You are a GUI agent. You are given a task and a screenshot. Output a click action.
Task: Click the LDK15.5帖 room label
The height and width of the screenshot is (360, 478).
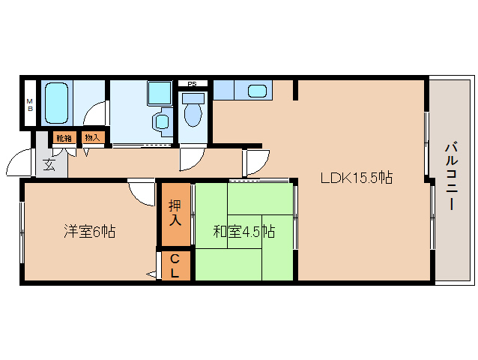pos(356,178)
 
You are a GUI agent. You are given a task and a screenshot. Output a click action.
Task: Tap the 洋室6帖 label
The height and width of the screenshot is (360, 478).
pos(90,231)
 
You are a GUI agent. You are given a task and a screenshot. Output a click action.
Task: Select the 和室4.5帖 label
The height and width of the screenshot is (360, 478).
pos(244,231)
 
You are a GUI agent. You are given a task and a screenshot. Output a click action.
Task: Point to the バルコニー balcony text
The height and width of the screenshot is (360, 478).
pos(452,176)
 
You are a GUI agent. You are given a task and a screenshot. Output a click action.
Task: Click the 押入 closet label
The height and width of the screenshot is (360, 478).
pos(175,213)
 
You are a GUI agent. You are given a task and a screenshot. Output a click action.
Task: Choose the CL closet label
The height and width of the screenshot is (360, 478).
pos(175,266)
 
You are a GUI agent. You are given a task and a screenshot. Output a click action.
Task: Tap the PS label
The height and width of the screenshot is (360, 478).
pos(192,84)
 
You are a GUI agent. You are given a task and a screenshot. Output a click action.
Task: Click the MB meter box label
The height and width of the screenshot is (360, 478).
pos(30,105)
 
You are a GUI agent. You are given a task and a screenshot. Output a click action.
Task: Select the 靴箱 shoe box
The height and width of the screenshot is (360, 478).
pos(64,138)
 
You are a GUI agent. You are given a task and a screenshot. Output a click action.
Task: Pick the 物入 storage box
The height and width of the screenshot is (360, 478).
pos(93,137)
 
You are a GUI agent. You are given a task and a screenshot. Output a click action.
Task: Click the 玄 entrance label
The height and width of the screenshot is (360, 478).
pos(49,165)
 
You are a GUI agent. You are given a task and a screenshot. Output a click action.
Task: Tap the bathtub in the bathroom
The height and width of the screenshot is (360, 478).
pos(56,103)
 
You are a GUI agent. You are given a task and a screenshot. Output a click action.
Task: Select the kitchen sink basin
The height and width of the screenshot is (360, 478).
pos(257,91)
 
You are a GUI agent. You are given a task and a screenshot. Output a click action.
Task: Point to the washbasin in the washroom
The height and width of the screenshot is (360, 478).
pos(161,121)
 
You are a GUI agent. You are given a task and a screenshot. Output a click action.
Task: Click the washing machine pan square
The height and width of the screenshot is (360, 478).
pos(160,93)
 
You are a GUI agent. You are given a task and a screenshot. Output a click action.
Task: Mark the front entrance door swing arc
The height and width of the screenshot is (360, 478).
pos(14,158)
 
